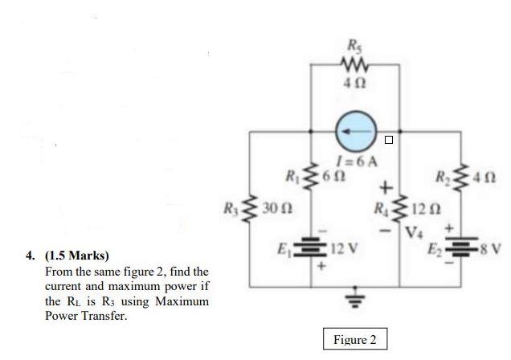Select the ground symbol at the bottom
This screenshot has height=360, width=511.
tap(354, 300)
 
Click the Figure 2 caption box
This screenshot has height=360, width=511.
tap(354, 339)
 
